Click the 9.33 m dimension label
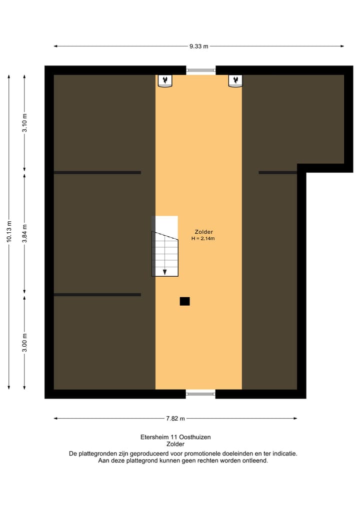click(198, 46)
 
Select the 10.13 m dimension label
click(8, 232)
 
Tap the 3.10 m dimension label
click(24, 122)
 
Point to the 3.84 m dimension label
click(24, 233)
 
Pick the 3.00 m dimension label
click(24, 342)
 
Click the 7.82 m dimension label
click(176, 419)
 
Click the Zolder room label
click(204, 232)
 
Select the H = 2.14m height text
click(203, 239)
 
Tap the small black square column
click(184, 301)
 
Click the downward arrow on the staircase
click(165, 271)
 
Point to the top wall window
click(201, 70)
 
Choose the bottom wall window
click(201, 394)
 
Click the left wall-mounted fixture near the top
click(165, 80)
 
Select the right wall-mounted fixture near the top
click(235, 80)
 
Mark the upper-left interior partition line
click(97, 173)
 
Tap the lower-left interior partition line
click(97, 295)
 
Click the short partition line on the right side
click(277, 173)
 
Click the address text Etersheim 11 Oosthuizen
click(175, 437)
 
